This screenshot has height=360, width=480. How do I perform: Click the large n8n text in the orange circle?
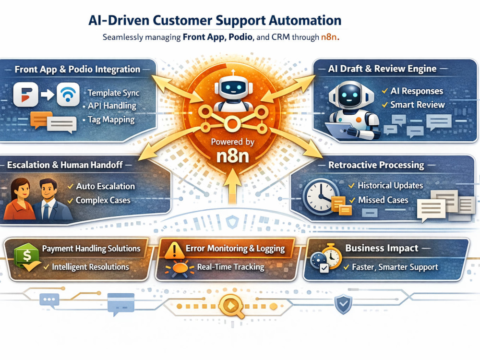pyautogui.click(x=233, y=156)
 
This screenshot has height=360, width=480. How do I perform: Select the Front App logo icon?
pyautogui.click(x=26, y=94)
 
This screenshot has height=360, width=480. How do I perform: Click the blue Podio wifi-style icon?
pyautogui.click(x=68, y=94)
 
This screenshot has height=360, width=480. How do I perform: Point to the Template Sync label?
pyautogui.click(x=114, y=93)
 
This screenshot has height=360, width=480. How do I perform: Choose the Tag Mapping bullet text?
pyautogui.click(x=111, y=120)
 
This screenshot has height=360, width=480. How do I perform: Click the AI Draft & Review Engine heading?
pyautogui.click(x=382, y=69)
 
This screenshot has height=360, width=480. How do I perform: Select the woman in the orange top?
pyautogui.click(x=19, y=199)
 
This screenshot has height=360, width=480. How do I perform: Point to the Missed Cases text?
pyautogui.click(x=383, y=200)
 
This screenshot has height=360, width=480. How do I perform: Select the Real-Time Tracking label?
pyautogui.click(x=230, y=267)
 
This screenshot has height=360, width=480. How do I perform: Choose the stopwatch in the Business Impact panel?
pyautogui.click(x=332, y=256)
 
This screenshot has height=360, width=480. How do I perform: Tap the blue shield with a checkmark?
pyautogui.click(x=343, y=304)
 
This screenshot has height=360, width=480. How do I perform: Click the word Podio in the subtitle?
pyautogui.click(x=240, y=37)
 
